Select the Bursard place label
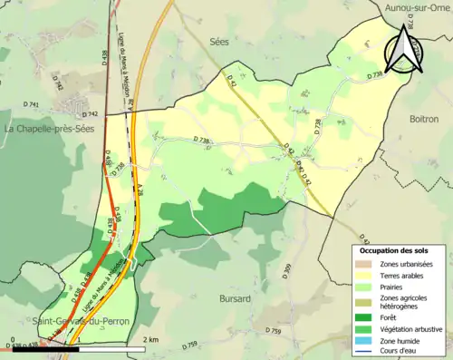[236, 297]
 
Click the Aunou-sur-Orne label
[418, 7]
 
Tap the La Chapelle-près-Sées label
[44, 130]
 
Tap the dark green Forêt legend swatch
[363, 316]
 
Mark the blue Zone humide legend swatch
[363, 340]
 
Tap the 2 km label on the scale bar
[150, 339]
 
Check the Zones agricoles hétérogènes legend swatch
[363, 301]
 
